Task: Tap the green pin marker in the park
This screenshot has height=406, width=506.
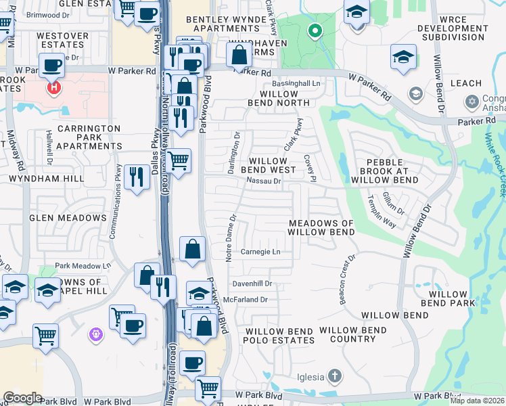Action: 315,30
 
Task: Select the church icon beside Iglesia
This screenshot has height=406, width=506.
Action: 334,376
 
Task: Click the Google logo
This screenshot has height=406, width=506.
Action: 22,398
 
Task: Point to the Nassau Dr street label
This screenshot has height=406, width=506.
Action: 264,181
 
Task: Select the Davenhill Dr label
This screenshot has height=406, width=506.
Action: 252,284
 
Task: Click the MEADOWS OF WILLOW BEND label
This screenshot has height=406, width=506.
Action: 321,227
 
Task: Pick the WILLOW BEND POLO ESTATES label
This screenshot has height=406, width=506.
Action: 279,336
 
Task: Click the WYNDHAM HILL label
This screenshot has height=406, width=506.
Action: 46,179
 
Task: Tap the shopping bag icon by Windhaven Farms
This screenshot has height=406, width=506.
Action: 239,55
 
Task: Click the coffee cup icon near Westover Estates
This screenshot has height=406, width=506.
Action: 51,66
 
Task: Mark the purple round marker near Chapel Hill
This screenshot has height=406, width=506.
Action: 95,334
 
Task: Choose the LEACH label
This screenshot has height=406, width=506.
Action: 465,83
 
